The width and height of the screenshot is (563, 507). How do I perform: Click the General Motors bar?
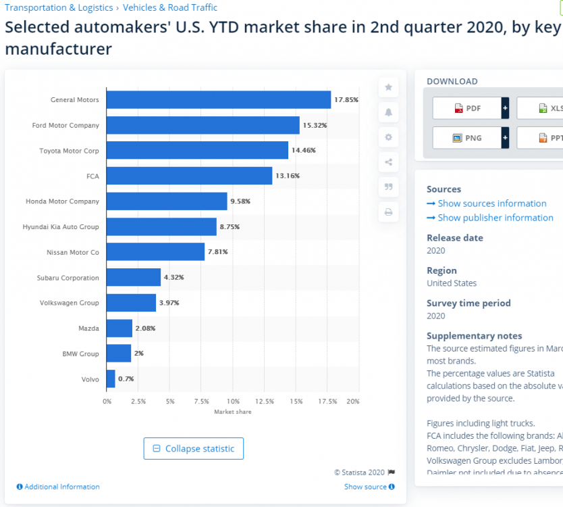tap(219, 99)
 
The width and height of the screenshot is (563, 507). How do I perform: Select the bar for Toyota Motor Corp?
tap(197, 150)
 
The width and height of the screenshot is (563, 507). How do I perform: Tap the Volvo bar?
tap(111, 379)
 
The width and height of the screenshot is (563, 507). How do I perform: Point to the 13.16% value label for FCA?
tap(287, 176)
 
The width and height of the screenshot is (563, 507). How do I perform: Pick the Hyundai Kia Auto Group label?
tap(61, 226)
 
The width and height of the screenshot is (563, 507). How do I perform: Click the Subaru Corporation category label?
tap(68, 277)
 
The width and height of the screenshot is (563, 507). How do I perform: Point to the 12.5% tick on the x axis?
tap(265, 402)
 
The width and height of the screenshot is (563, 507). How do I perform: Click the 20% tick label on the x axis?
tap(352, 402)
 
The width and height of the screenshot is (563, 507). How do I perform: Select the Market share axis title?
tap(232, 412)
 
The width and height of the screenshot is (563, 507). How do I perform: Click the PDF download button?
tap(466, 108)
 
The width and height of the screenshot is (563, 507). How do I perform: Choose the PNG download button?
tap(466, 138)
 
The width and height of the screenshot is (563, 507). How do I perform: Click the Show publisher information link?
tap(490, 218)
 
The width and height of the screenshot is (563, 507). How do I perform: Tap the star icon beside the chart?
tap(388, 87)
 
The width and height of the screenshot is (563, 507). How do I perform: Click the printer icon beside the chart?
tap(388, 212)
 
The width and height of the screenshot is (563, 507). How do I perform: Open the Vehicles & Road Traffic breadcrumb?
tap(170, 8)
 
